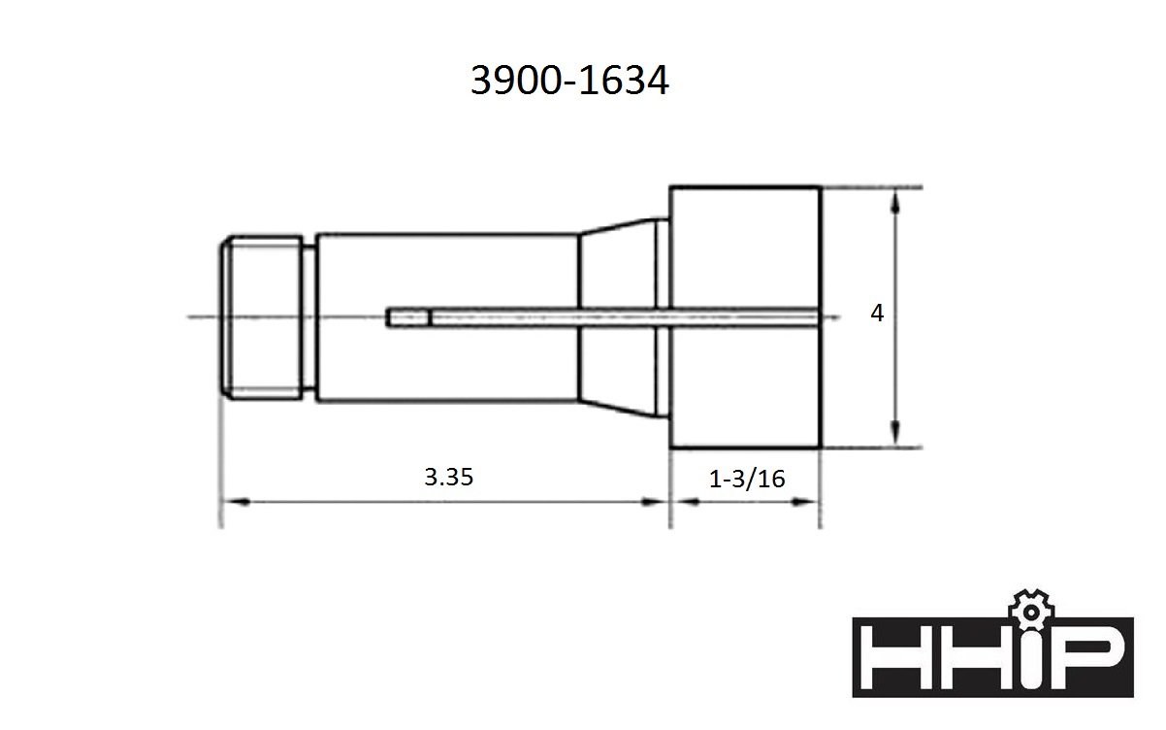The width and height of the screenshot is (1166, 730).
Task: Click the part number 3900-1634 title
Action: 569,81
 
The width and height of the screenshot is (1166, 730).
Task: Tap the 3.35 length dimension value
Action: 449,478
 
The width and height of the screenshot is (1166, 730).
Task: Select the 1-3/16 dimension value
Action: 747,480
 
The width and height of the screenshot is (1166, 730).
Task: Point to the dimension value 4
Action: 877,314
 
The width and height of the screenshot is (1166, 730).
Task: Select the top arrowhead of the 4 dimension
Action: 894,202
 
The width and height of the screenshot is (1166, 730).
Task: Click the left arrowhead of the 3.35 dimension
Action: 238,502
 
